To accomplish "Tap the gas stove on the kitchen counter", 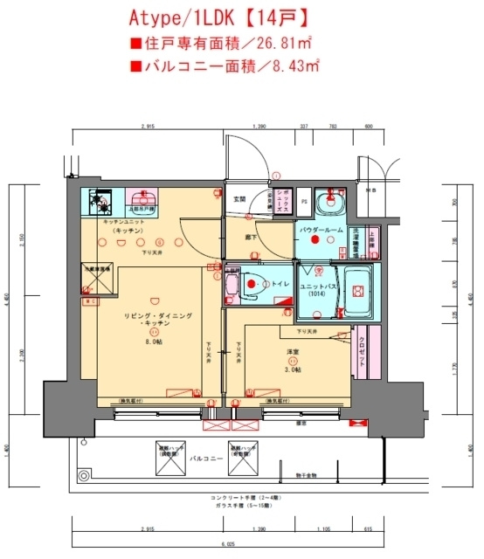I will (103, 203).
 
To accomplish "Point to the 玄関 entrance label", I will (239, 197).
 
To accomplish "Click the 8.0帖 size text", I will (154, 342).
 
